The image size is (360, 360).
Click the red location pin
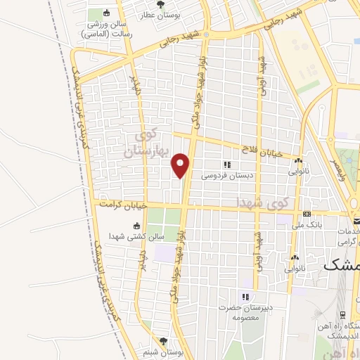(181, 165)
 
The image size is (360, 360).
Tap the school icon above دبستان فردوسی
(226, 164)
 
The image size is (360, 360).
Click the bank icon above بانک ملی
(307, 214)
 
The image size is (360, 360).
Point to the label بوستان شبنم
(163, 352)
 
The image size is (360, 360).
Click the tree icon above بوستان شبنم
(163, 341)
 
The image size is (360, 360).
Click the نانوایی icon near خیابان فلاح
(298, 160)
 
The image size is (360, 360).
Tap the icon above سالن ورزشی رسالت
(106, 13)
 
